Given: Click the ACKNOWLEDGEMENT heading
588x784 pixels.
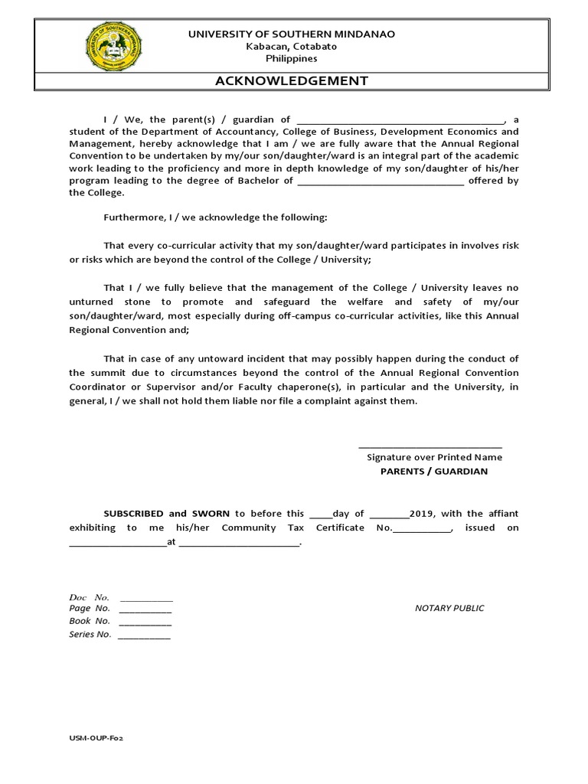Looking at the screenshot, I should pyautogui.click(x=291, y=80).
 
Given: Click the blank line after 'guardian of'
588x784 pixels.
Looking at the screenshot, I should pyautogui.click(x=400, y=121).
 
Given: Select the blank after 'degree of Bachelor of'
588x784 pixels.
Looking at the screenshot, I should pyautogui.click(x=380, y=182).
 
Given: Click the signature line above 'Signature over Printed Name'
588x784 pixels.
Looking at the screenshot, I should pyautogui.click(x=430, y=446).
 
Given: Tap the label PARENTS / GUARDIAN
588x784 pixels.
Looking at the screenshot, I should pyautogui.click(x=434, y=472).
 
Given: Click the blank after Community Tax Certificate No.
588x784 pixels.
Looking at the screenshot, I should pyautogui.click(x=423, y=529).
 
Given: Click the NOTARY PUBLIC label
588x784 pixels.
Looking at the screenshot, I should pyautogui.click(x=449, y=609).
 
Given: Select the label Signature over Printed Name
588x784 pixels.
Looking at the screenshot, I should pyautogui.click(x=434, y=457).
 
